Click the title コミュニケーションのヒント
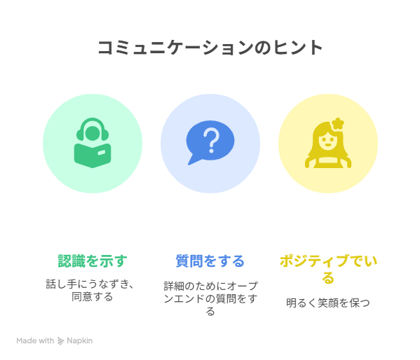click(210, 48)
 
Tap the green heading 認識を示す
click(93, 261)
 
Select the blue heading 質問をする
click(210, 261)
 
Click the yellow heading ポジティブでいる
click(328, 269)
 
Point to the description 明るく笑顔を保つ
click(328, 303)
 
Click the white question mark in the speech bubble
click(211, 140)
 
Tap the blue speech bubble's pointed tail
click(194, 160)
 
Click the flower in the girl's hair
click(337, 124)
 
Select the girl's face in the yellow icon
click(328, 142)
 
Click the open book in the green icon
click(93, 155)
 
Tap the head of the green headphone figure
click(93, 133)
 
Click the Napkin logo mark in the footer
click(61, 340)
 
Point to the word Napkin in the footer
click(79, 340)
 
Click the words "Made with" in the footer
click(35, 340)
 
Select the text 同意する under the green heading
click(93, 297)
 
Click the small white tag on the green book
click(102, 153)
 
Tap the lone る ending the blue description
click(210, 312)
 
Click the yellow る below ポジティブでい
click(328, 278)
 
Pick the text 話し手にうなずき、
click(90, 284)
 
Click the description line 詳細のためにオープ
click(210, 286)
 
